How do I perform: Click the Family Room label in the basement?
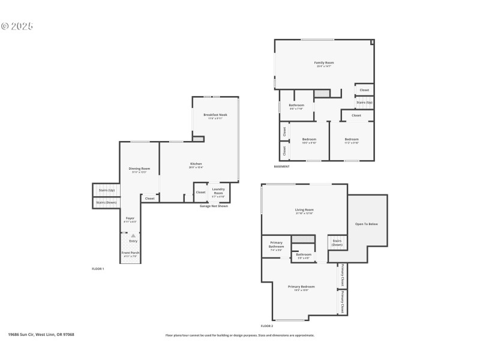[324, 63]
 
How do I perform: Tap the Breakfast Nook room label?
[215, 115]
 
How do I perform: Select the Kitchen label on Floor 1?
[196, 164]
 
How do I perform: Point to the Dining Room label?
[139, 169]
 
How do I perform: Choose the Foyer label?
[130, 218]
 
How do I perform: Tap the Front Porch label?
[130, 254]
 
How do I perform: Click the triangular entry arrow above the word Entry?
[133, 236]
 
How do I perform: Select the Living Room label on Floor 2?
[305, 210]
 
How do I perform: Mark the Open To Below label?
[367, 224]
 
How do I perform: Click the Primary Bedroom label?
[301, 287]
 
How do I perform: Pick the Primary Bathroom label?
[276, 245]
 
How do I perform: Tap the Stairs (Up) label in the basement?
[364, 103]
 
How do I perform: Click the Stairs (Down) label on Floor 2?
[337, 243]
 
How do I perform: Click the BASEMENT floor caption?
[281, 166]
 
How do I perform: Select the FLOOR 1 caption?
[98, 269]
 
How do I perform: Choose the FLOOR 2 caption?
[267, 326]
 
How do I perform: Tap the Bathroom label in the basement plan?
[296, 106]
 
